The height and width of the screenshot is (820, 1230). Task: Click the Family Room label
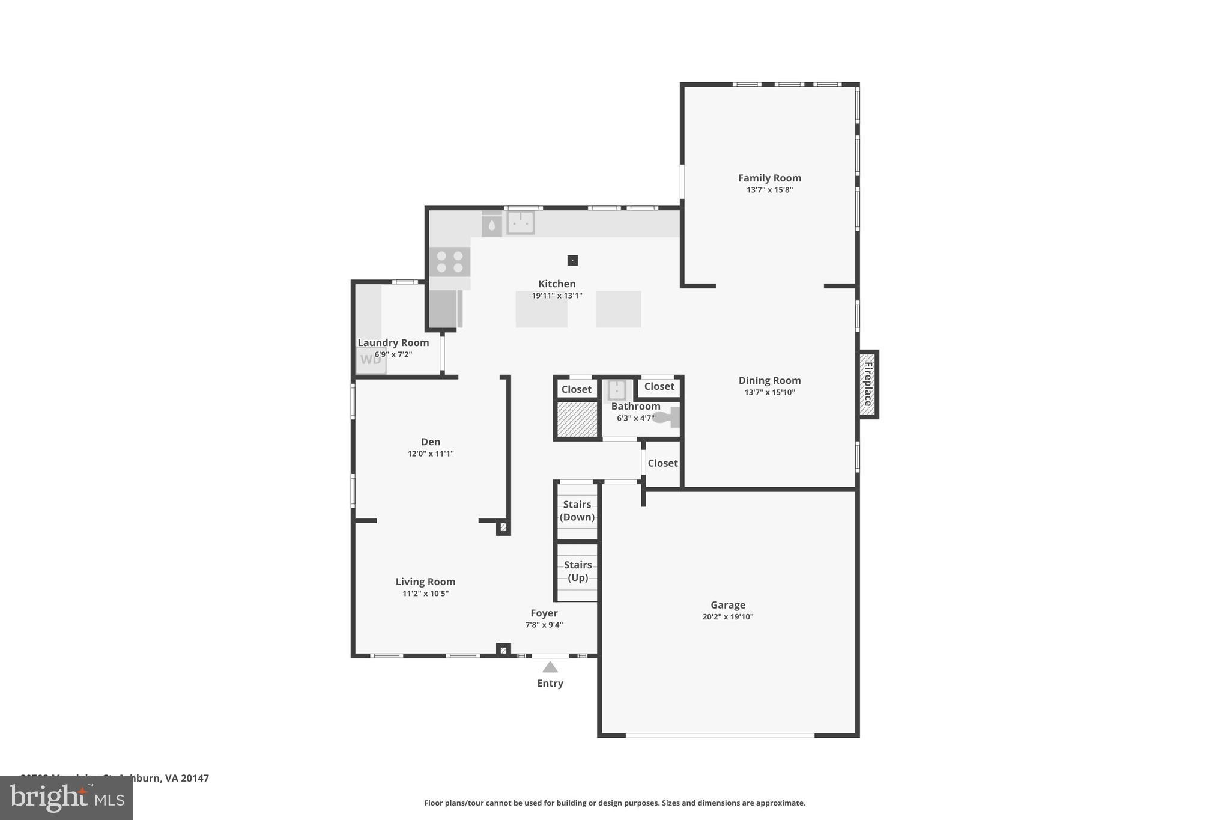point(769,178)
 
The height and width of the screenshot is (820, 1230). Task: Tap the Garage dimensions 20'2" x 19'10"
point(727,616)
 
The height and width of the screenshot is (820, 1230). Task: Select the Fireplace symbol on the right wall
point(867,384)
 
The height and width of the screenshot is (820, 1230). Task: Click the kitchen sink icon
point(520,223)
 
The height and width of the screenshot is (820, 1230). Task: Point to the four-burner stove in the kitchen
point(450,262)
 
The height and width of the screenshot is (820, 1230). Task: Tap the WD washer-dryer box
point(371,360)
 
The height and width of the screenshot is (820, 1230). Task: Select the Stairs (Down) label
point(577,511)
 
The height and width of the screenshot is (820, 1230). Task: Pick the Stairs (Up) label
point(578,571)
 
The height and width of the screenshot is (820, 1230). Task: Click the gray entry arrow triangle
point(550,667)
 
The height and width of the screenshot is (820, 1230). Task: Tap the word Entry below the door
point(550,683)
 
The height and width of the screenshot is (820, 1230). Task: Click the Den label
point(431,442)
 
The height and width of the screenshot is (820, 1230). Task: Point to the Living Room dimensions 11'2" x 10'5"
point(425,594)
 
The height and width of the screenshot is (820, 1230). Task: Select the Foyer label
point(544,613)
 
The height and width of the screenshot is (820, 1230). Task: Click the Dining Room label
point(769,380)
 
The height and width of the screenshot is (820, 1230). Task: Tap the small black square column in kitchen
point(572,260)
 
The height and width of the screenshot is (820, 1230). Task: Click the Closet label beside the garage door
point(662,463)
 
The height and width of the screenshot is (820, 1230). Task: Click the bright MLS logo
point(67,798)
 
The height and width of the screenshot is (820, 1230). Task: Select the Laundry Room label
point(393,342)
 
